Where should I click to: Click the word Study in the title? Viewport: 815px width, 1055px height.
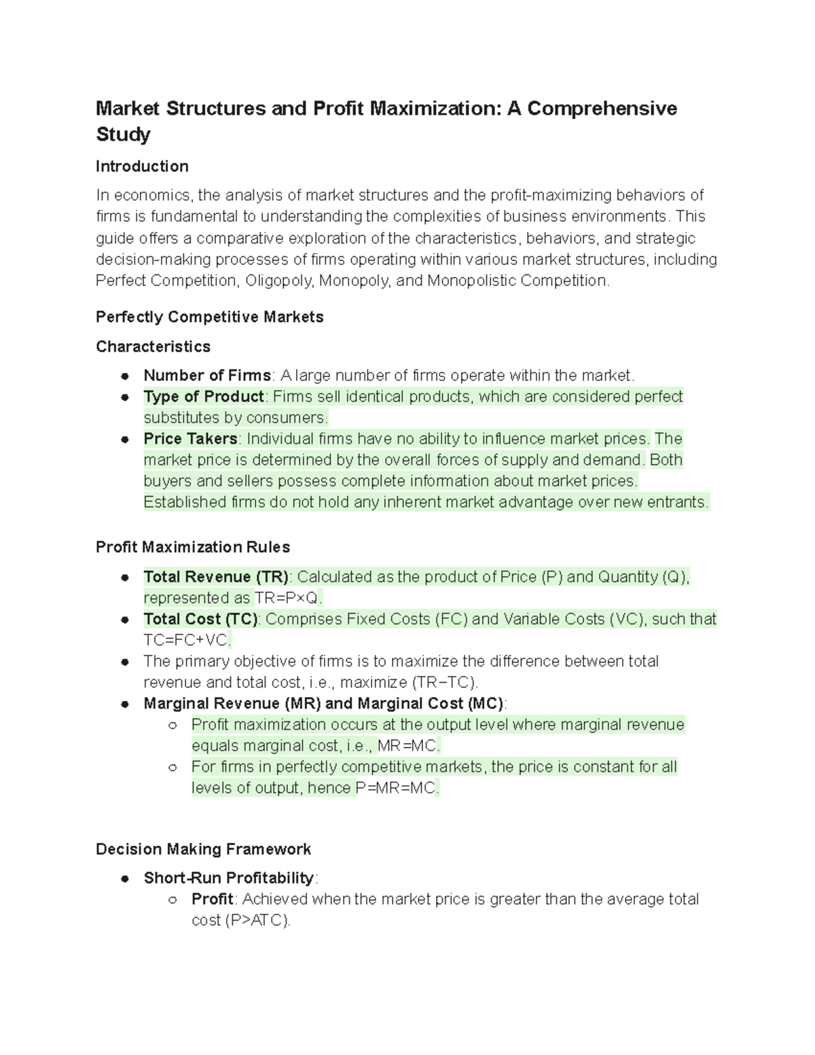point(123,135)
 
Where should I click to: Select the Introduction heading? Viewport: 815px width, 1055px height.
point(142,166)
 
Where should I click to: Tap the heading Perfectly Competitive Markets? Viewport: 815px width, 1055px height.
point(209,317)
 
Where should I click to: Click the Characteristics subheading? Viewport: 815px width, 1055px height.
point(153,346)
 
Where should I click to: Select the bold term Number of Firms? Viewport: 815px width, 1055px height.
point(206,376)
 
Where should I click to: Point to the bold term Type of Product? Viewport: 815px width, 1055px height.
point(203,397)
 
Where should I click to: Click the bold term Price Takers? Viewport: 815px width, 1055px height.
point(190,439)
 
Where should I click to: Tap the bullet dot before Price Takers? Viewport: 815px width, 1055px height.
point(125,440)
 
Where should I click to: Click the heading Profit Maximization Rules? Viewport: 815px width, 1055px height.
point(193,548)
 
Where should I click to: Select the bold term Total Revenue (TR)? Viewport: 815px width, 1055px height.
point(216,577)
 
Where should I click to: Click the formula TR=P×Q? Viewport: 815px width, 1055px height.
point(286,598)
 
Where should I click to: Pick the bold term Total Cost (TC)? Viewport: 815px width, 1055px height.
point(200,620)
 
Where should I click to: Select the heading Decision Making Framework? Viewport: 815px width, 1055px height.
point(203,849)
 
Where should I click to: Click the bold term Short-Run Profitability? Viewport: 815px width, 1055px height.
point(228,878)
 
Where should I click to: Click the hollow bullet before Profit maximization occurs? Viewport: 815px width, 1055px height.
point(173,726)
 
